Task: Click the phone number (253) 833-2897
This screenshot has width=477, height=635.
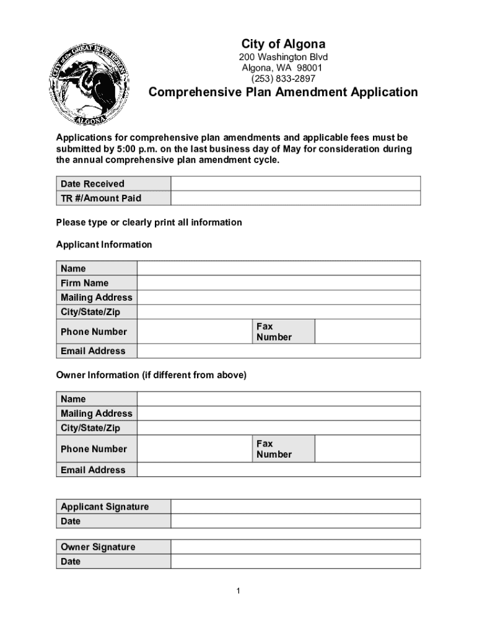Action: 282,79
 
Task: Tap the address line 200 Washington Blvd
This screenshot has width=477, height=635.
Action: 283,57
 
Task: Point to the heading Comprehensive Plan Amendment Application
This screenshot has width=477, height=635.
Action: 282,93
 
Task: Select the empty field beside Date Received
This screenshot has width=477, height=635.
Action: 295,184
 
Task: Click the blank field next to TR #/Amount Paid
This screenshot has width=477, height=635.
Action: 295,198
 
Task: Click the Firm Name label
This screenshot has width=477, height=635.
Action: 84,283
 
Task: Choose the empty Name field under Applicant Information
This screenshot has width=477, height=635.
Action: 278,269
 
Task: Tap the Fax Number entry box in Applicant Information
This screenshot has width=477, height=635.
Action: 367,332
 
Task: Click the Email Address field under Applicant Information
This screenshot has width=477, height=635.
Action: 278,351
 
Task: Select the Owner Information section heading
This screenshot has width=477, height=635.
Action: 151,375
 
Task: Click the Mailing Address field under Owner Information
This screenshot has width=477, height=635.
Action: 278,414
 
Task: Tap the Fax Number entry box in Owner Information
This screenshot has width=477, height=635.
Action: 367,449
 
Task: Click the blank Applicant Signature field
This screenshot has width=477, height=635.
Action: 295,507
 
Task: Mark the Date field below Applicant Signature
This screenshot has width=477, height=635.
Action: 295,522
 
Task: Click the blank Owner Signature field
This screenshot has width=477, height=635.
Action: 295,547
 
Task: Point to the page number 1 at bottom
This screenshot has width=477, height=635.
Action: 238,591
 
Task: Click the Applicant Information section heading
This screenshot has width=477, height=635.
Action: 104,245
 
